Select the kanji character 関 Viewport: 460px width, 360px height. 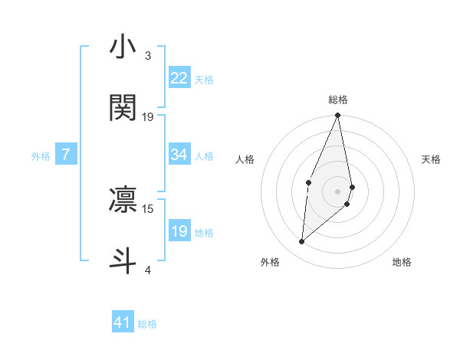[123, 108]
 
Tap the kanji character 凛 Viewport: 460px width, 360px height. [123, 199]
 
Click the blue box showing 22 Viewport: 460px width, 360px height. [179, 78]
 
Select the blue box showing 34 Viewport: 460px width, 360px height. [179, 155]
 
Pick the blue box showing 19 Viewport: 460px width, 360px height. [179, 231]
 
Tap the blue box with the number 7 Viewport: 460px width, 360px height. [66, 155]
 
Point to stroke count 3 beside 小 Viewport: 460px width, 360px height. [148, 56]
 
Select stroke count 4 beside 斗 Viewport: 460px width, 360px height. [148, 270]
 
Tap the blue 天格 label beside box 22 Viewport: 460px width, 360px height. [204, 80]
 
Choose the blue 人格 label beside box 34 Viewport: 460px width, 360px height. [204, 156]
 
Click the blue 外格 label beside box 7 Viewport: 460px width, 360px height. [41, 156]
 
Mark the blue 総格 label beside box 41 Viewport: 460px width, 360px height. [147, 324]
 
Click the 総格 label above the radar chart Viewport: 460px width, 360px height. [338, 100]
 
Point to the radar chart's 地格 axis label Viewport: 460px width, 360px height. [402, 262]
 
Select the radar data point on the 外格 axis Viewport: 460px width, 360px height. [302, 242]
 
